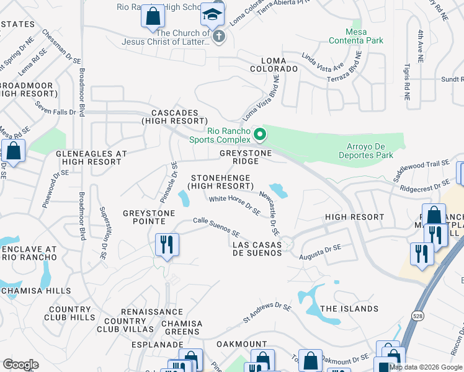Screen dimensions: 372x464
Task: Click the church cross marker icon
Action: click(218, 37)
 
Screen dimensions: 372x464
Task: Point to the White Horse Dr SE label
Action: click(234, 205)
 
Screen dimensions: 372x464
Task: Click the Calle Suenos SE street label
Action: click(216, 228)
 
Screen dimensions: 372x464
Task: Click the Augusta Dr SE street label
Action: click(320, 251)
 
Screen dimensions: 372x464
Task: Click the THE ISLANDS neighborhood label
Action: click(349, 309)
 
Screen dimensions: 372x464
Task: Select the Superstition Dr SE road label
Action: click(102, 232)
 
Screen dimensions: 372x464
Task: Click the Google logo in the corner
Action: click(20, 365)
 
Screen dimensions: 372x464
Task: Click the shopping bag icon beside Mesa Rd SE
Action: click(13, 150)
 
